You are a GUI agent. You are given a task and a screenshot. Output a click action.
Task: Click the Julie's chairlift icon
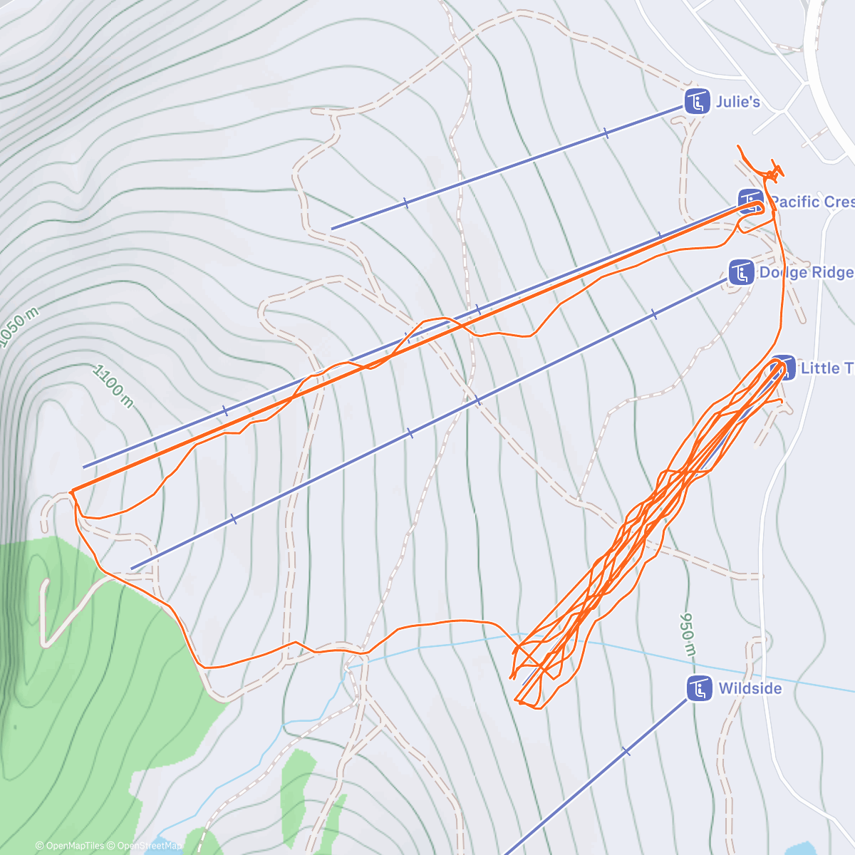[x=698, y=101]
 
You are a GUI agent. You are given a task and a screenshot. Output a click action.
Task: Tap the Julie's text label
[x=737, y=102]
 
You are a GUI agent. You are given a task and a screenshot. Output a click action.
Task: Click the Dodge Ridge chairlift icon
[x=742, y=272]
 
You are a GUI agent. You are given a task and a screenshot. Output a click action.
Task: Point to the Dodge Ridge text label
[x=806, y=272]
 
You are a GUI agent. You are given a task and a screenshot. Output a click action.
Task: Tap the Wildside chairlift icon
[x=700, y=688]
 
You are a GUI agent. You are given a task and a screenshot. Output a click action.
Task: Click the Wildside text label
[x=750, y=688]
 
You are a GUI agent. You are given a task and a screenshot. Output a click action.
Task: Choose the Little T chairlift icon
[x=783, y=368]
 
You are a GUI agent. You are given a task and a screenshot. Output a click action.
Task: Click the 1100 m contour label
[x=113, y=386]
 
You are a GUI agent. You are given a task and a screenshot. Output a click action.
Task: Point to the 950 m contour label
[x=688, y=633]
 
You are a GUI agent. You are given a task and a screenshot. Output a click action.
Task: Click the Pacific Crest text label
[x=812, y=202]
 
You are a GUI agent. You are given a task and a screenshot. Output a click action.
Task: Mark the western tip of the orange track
[x=71, y=492]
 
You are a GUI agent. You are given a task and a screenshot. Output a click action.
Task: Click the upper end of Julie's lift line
[x=332, y=228]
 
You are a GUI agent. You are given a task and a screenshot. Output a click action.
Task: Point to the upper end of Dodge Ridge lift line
[x=133, y=569]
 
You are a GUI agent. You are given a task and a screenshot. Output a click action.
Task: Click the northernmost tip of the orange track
[x=738, y=146]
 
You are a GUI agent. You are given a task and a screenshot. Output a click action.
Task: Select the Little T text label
[x=826, y=368]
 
